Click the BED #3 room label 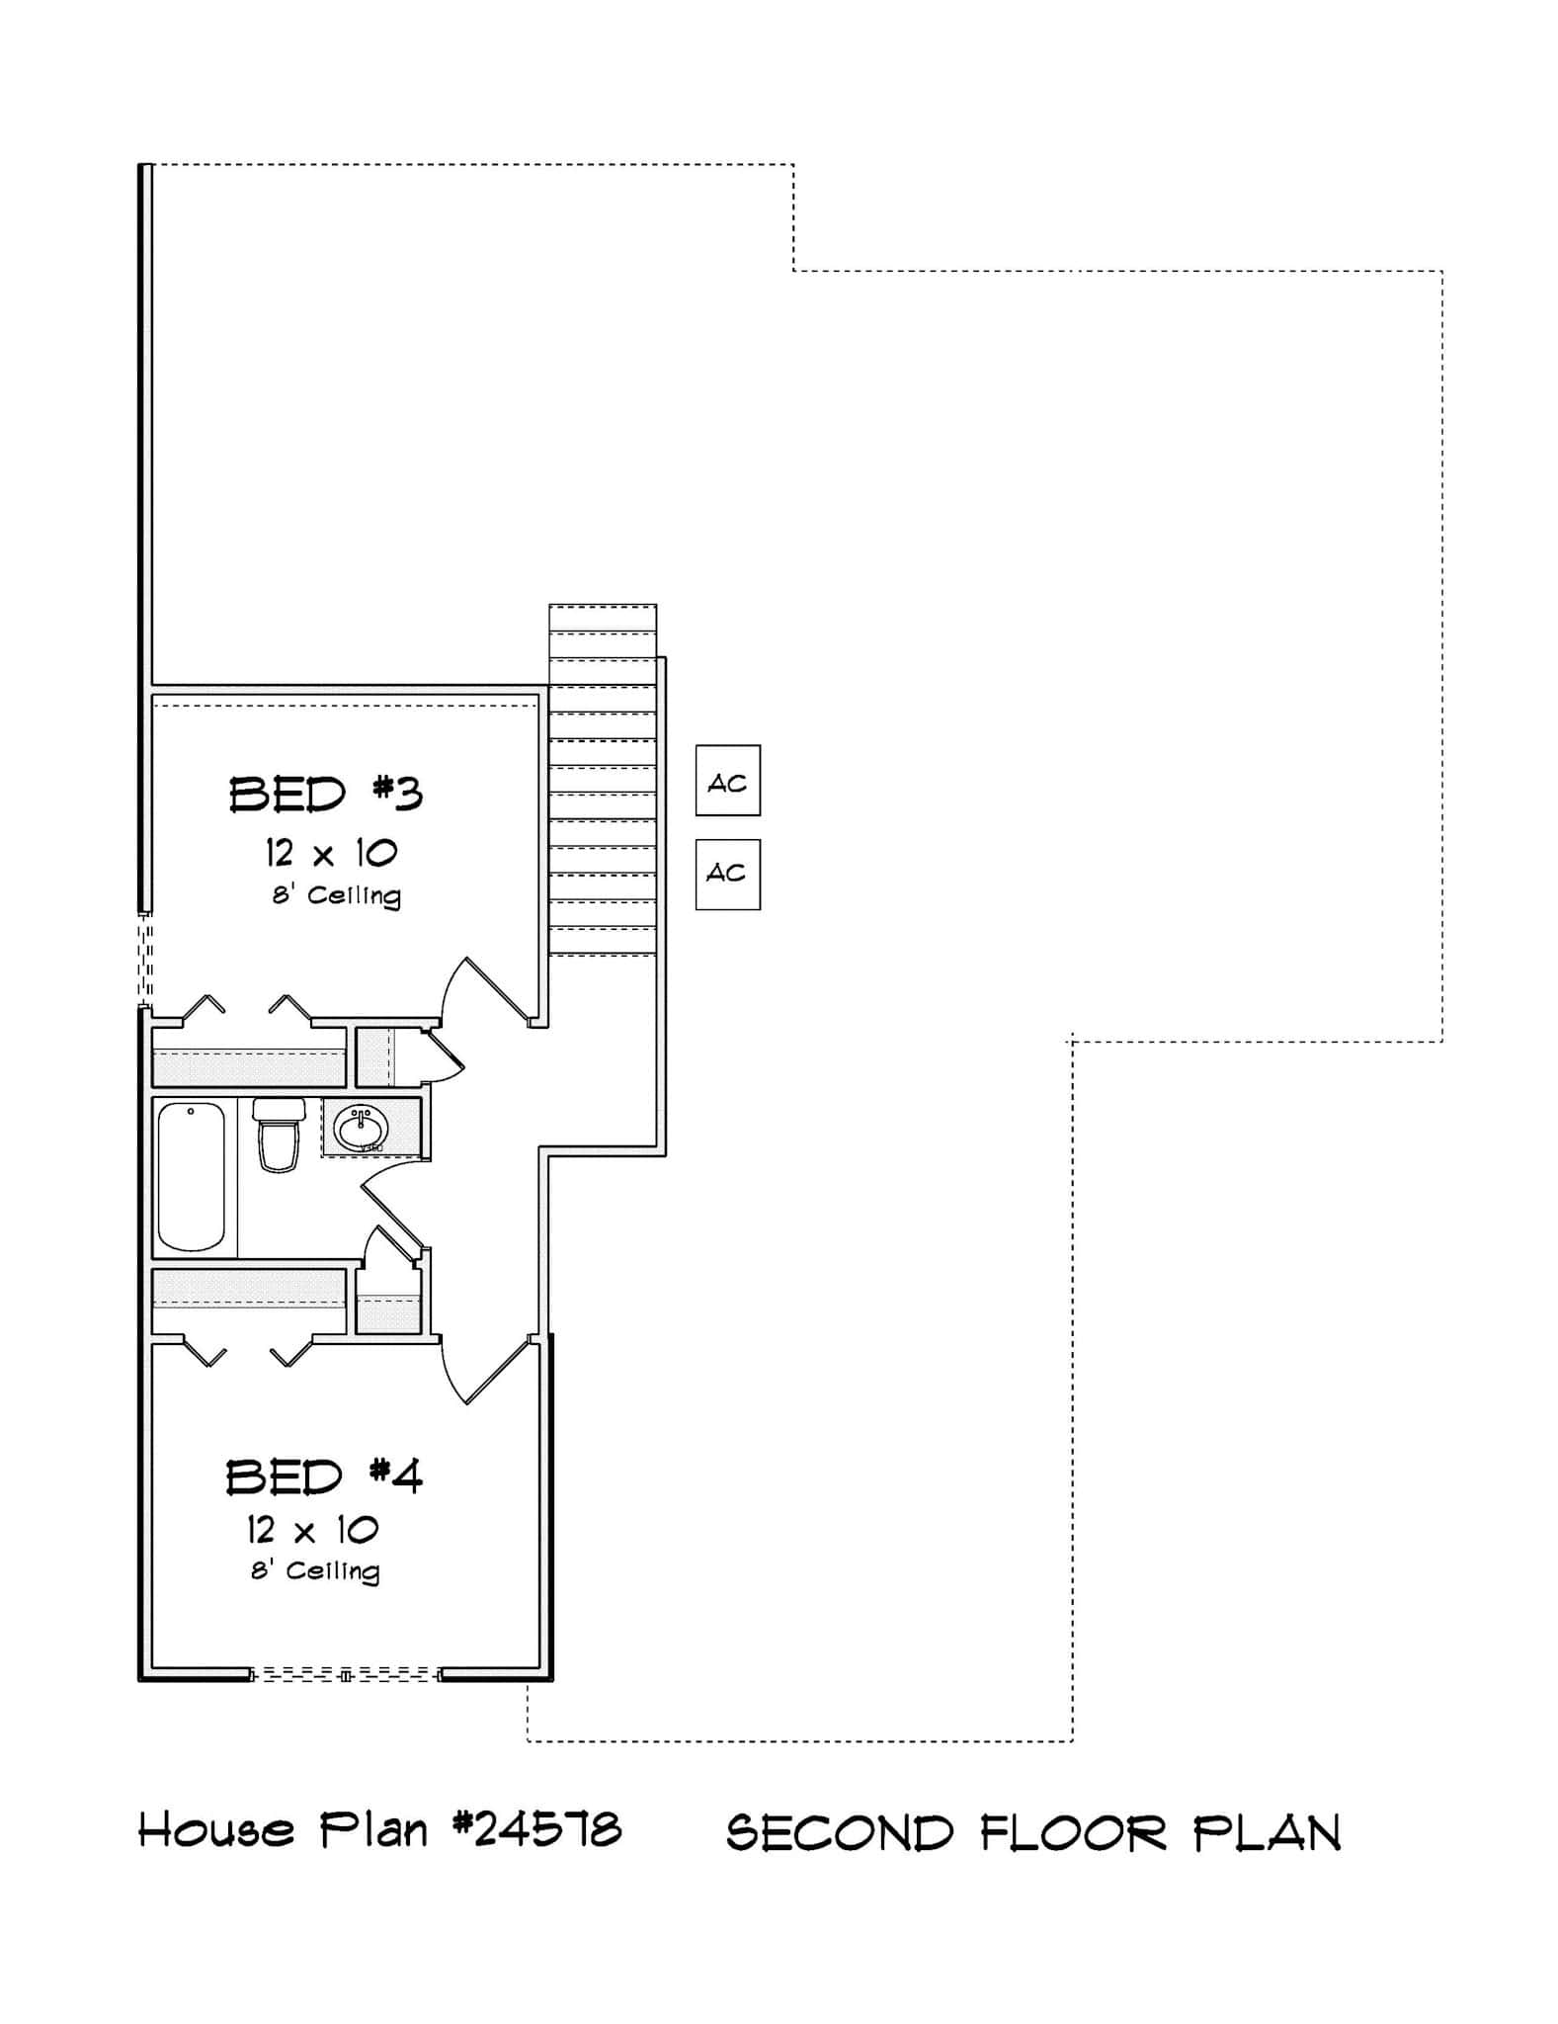pyautogui.click(x=326, y=795)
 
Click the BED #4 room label pyautogui.click(x=324, y=1477)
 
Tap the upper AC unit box pyautogui.click(x=728, y=781)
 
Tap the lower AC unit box pyautogui.click(x=728, y=875)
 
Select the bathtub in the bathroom pyautogui.click(x=192, y=1177)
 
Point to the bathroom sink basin pyautogui.click(x=361, y=1128)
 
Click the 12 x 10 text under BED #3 pyautogui.click(x=331, y=853)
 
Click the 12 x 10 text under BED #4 pyautogui.click(x=313, y=1531)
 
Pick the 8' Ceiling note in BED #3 pyautogui.click(x=337, y=895)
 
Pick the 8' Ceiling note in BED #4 pyautogui.click(x=315, y=1571)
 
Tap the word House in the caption pyautogui.click(x=216, y=1831)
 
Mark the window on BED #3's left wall pyautogui.click(x=145, y=958)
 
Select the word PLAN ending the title pyautogui.click(x=1268, y=1833)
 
